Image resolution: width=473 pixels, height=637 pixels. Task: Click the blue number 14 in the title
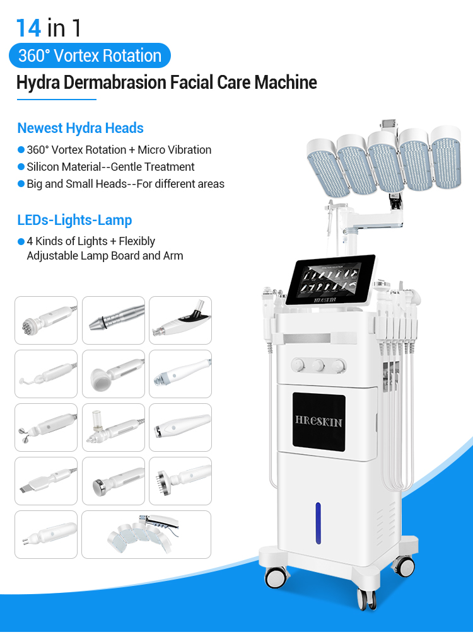point(29,28)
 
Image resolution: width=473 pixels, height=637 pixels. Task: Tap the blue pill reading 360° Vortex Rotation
point(90,55)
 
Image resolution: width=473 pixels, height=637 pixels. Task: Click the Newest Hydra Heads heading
point(80,128)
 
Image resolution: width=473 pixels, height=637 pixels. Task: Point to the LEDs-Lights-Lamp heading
point(74,221)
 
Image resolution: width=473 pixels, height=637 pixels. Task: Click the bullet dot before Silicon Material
point(21,167)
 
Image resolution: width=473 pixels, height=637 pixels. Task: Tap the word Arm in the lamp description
point(173,256)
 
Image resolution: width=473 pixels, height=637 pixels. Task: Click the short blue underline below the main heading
point(56,99)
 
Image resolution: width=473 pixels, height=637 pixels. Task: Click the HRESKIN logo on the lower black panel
point(318,421)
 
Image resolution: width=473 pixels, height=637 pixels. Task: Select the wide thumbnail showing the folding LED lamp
point(146,534)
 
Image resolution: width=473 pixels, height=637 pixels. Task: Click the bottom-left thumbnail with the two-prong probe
point(45,534)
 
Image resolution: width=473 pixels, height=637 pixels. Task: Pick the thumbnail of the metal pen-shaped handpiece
point(113,320)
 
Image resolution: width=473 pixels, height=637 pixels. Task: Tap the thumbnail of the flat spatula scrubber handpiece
point(45,481)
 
